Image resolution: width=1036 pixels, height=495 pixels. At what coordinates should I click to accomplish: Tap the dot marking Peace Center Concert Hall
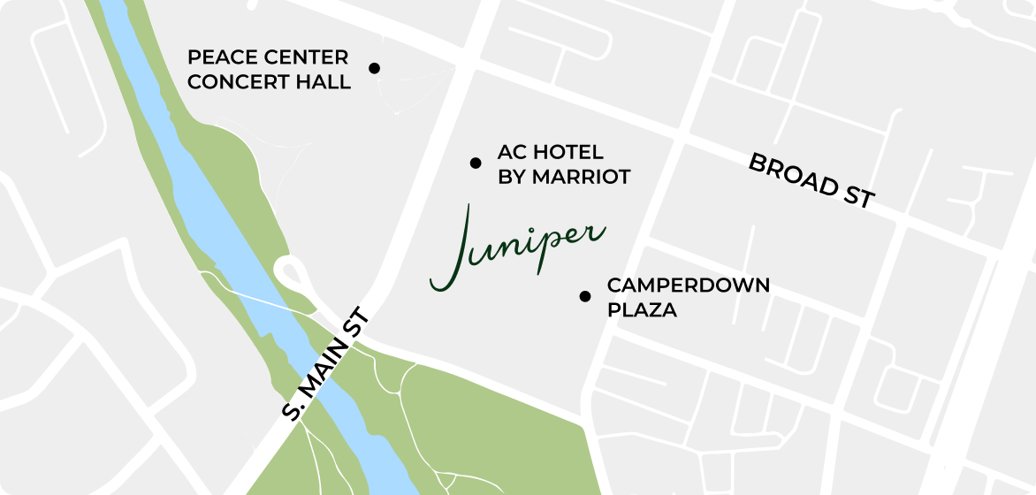[x=374, y=68]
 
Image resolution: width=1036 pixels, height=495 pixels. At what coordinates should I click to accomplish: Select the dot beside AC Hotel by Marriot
[x=476, y=163]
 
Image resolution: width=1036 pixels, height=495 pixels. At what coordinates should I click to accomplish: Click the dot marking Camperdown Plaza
[x=584, y=296]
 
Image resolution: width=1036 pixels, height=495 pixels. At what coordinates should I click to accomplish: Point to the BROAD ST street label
[x=811, y=180]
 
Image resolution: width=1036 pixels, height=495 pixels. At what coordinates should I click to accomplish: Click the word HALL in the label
[x=326, y=82]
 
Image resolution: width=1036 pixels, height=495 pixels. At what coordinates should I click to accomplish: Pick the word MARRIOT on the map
[x=581, y=177]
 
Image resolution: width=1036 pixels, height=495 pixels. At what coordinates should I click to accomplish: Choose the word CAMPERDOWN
[x=688, y=286]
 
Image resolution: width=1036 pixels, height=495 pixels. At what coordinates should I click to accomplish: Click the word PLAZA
[x=642, y=310]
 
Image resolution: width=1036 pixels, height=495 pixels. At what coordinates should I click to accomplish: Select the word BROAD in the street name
[x=791, y=173]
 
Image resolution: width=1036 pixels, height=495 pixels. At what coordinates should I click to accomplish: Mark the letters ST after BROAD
[x=857, y=196]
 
